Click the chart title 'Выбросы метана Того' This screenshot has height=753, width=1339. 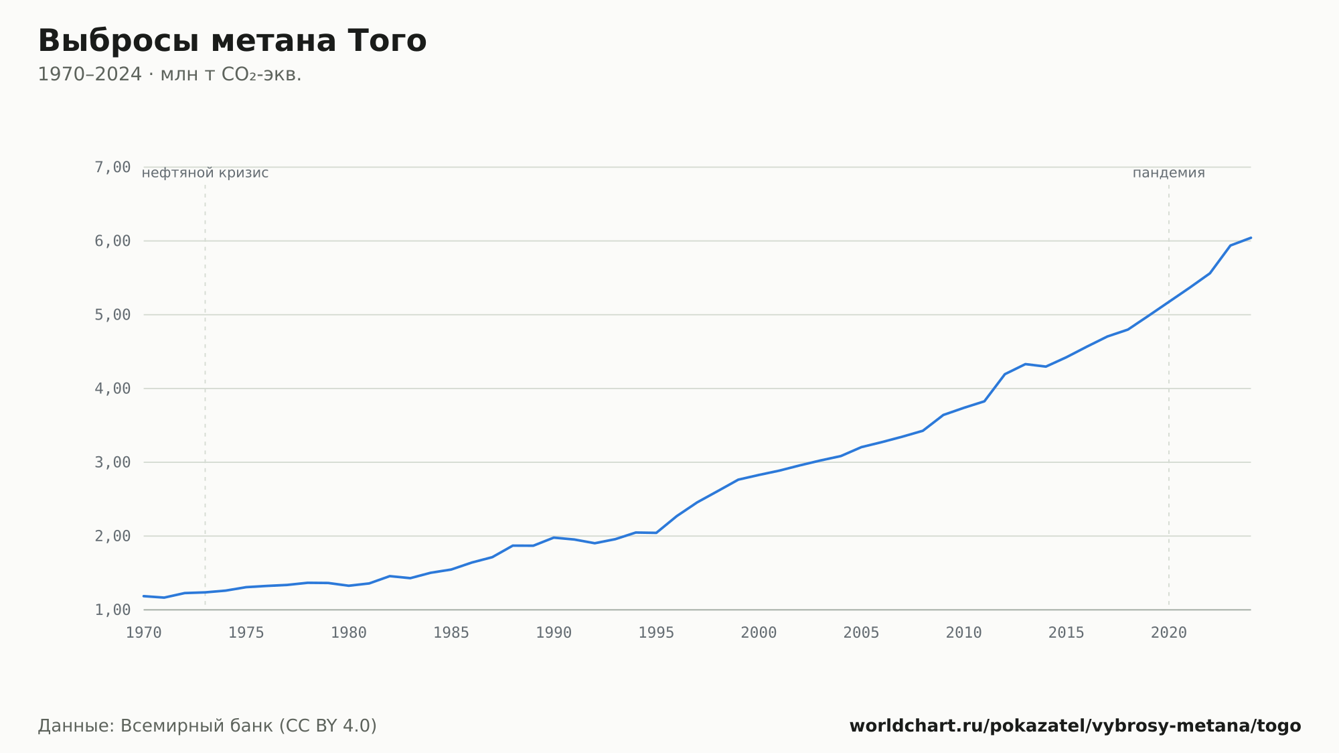(232, 41)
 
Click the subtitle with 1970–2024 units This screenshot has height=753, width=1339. (169, 74)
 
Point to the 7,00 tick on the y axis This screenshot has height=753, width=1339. (112, 167)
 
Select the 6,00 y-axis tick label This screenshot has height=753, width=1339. (112, 241)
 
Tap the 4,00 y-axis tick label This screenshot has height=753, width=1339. (112, 389)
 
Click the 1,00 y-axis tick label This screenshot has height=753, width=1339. (112, 610)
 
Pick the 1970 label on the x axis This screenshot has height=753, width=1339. (144, 633)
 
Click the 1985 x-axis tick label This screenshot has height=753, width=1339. (451, 633)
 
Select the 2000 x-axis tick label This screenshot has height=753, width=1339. (759, 633)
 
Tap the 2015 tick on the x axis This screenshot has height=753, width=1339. (1067, 633)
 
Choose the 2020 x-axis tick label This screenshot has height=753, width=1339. (1169, 633)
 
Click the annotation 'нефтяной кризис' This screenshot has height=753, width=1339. (205, 173)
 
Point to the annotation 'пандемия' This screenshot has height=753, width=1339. (1168, 173)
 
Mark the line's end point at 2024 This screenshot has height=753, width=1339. (1251, 238)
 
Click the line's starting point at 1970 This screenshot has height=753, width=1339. (144, 596)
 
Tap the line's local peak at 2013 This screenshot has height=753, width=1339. (1026, 364)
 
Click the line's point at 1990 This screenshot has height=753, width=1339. (554, 537)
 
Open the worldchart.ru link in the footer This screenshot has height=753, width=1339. (1075, 726)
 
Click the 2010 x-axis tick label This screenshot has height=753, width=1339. (964, 633)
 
